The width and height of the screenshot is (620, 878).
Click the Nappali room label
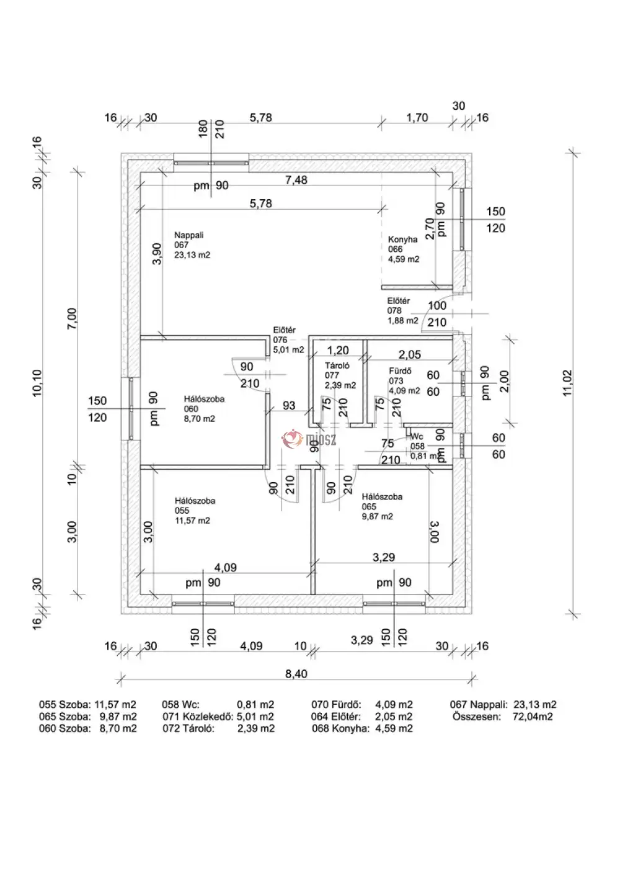[189, 235]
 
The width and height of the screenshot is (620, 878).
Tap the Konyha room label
[403, 240]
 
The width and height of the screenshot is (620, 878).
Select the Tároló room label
[337, 365]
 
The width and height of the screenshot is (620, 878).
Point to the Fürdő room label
[396, 371]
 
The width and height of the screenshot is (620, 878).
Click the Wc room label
[417, 437]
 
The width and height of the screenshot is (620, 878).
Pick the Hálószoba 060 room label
[204, 399]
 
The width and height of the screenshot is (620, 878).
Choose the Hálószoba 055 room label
[195, 501]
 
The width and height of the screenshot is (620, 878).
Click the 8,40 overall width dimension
[296, 673]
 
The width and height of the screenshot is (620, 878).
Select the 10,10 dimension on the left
[38, 383]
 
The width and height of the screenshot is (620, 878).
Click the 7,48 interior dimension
[296, 181]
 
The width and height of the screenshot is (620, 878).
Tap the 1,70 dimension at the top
[417, 118]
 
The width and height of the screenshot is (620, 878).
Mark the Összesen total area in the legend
[503, 716]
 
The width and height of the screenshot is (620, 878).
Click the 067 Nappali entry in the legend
[503, 704]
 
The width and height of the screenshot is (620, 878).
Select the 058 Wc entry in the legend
[218, 704]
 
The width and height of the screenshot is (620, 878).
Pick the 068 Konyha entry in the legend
[362, 728]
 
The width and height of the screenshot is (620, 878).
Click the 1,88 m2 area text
[403, 321]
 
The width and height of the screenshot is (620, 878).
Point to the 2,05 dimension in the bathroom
[409, 354]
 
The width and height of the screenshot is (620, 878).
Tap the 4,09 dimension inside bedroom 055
[225, 567]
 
